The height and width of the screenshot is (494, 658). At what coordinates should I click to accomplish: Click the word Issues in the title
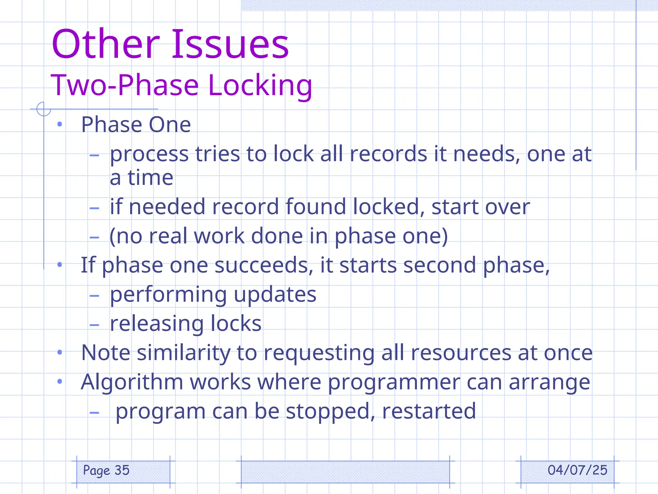(230, 44)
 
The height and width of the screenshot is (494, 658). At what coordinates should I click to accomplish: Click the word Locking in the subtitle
(260, 85)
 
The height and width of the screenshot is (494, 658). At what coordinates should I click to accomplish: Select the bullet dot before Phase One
(59, 124)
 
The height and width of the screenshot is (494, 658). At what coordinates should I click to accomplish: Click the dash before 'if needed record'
(94, 208)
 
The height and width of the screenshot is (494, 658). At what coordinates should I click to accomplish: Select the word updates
(275, 294)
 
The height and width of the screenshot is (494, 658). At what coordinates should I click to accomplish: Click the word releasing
(157, 324)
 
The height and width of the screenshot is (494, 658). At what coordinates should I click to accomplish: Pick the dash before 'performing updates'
(94, 296)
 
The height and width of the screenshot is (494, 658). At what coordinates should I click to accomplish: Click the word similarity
(183, 353)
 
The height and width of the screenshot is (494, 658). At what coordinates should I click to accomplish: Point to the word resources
(461, 353)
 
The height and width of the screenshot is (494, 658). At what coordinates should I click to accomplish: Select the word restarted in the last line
(429, 411)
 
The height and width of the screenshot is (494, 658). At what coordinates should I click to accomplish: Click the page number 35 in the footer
(122, 470)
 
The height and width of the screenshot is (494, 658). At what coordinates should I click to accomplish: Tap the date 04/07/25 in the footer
(577, 470)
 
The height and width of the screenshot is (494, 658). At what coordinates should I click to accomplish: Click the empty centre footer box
(345, 471)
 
